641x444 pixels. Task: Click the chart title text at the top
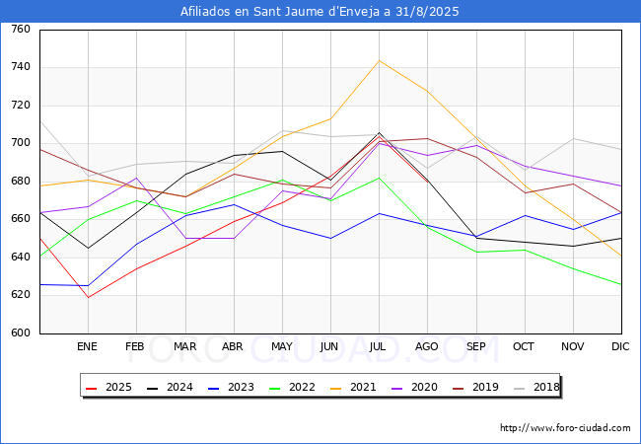point(320,12)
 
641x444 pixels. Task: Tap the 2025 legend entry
point(108,387)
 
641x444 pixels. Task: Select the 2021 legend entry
point(353,387)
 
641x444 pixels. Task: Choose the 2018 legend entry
point(536,387)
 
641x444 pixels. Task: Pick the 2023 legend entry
point(231,387)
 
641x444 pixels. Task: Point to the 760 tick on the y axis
point(21,29)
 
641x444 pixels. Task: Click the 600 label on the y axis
point(21,333)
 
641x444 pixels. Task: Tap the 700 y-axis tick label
point(21,143)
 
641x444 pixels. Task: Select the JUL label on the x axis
point(377,346)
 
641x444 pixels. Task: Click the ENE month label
point(87,346)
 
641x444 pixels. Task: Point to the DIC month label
point(620,346)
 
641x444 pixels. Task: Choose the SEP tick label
point(476,346)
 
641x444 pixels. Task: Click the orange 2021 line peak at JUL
point(380,60)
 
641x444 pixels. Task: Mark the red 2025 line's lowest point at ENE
point(89,297)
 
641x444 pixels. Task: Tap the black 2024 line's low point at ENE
point(89,249)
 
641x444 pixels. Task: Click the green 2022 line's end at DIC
point(621,284)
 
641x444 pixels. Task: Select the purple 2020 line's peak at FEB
point(136,178)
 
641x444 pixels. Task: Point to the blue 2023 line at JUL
point(380,213)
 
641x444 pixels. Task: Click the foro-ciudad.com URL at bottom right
point(565,428)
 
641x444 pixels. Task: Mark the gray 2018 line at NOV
point(574,138)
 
